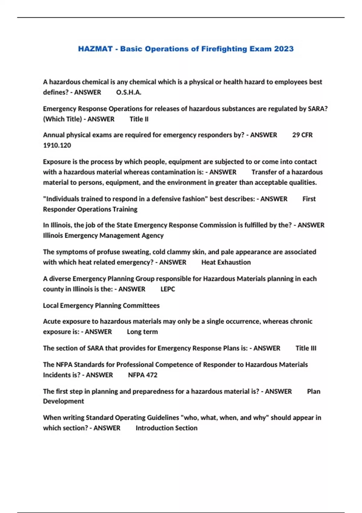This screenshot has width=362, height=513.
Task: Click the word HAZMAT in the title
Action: [95, 49]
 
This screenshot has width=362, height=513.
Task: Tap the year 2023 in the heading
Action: [284, 49]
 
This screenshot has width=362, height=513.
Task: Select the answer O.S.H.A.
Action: [129, 92]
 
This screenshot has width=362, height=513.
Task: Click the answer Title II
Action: [139, 119]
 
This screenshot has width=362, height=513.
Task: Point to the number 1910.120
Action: [57, 145]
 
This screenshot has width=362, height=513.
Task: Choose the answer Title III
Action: [306, 348]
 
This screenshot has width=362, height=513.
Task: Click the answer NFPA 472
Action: [143, 375]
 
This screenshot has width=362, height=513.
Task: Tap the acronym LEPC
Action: [168, 289]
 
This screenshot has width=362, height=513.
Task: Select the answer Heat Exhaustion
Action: [226, 262]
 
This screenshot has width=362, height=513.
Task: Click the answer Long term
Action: [142, 332]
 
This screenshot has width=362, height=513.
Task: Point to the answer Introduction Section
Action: [167, 428]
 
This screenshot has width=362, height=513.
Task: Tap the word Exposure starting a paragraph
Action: [56, 162]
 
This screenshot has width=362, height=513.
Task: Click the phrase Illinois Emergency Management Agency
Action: [103, 236]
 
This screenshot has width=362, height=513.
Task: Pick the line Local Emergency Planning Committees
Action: [101, 306]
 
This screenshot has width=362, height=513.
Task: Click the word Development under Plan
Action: [63, 401]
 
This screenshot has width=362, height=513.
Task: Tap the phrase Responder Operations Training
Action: [90, 209]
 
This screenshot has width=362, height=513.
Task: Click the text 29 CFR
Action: [302, 135]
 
